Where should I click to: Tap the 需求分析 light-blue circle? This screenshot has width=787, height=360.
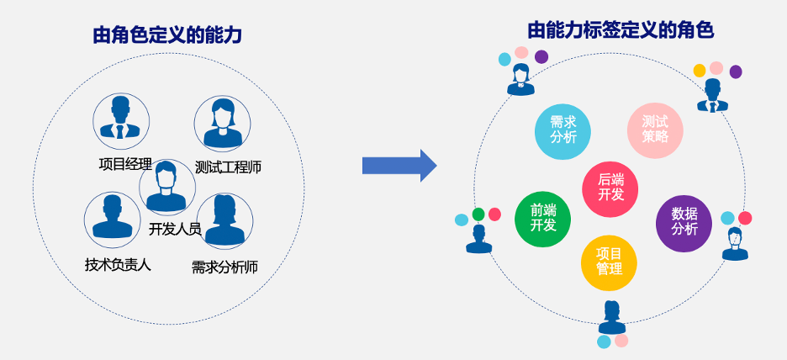coord(563,130)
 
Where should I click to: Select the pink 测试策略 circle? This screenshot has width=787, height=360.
coord(655,130)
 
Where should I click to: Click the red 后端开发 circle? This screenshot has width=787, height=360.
coord(610,188)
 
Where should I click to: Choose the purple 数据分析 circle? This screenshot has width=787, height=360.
coord(684,222)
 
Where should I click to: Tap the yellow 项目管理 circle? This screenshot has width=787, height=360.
coord(609,262)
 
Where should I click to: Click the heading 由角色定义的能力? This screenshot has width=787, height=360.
coord(167,35)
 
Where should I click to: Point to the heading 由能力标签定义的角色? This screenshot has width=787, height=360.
coord(621,31)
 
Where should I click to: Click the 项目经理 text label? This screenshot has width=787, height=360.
coord(125,163)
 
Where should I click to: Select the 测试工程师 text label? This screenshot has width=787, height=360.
coord(228,167)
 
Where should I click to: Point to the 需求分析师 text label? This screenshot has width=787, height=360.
coord(224,267)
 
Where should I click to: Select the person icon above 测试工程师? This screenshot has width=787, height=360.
coord(222,123)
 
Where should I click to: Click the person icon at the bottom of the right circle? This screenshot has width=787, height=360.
coord(611,317)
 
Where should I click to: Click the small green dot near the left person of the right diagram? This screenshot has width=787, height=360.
coord(478,214)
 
